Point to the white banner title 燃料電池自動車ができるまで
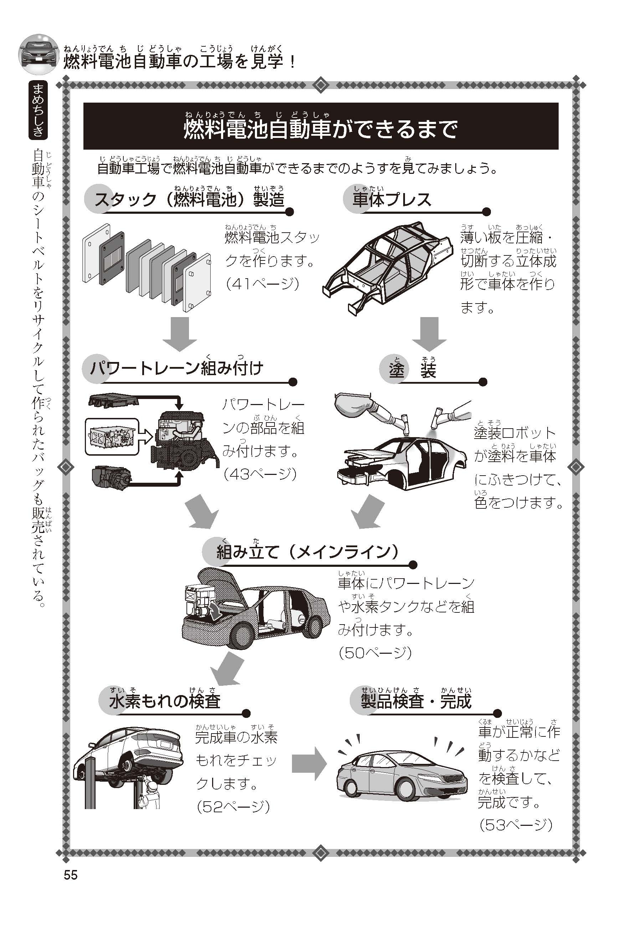pos(320,129)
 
